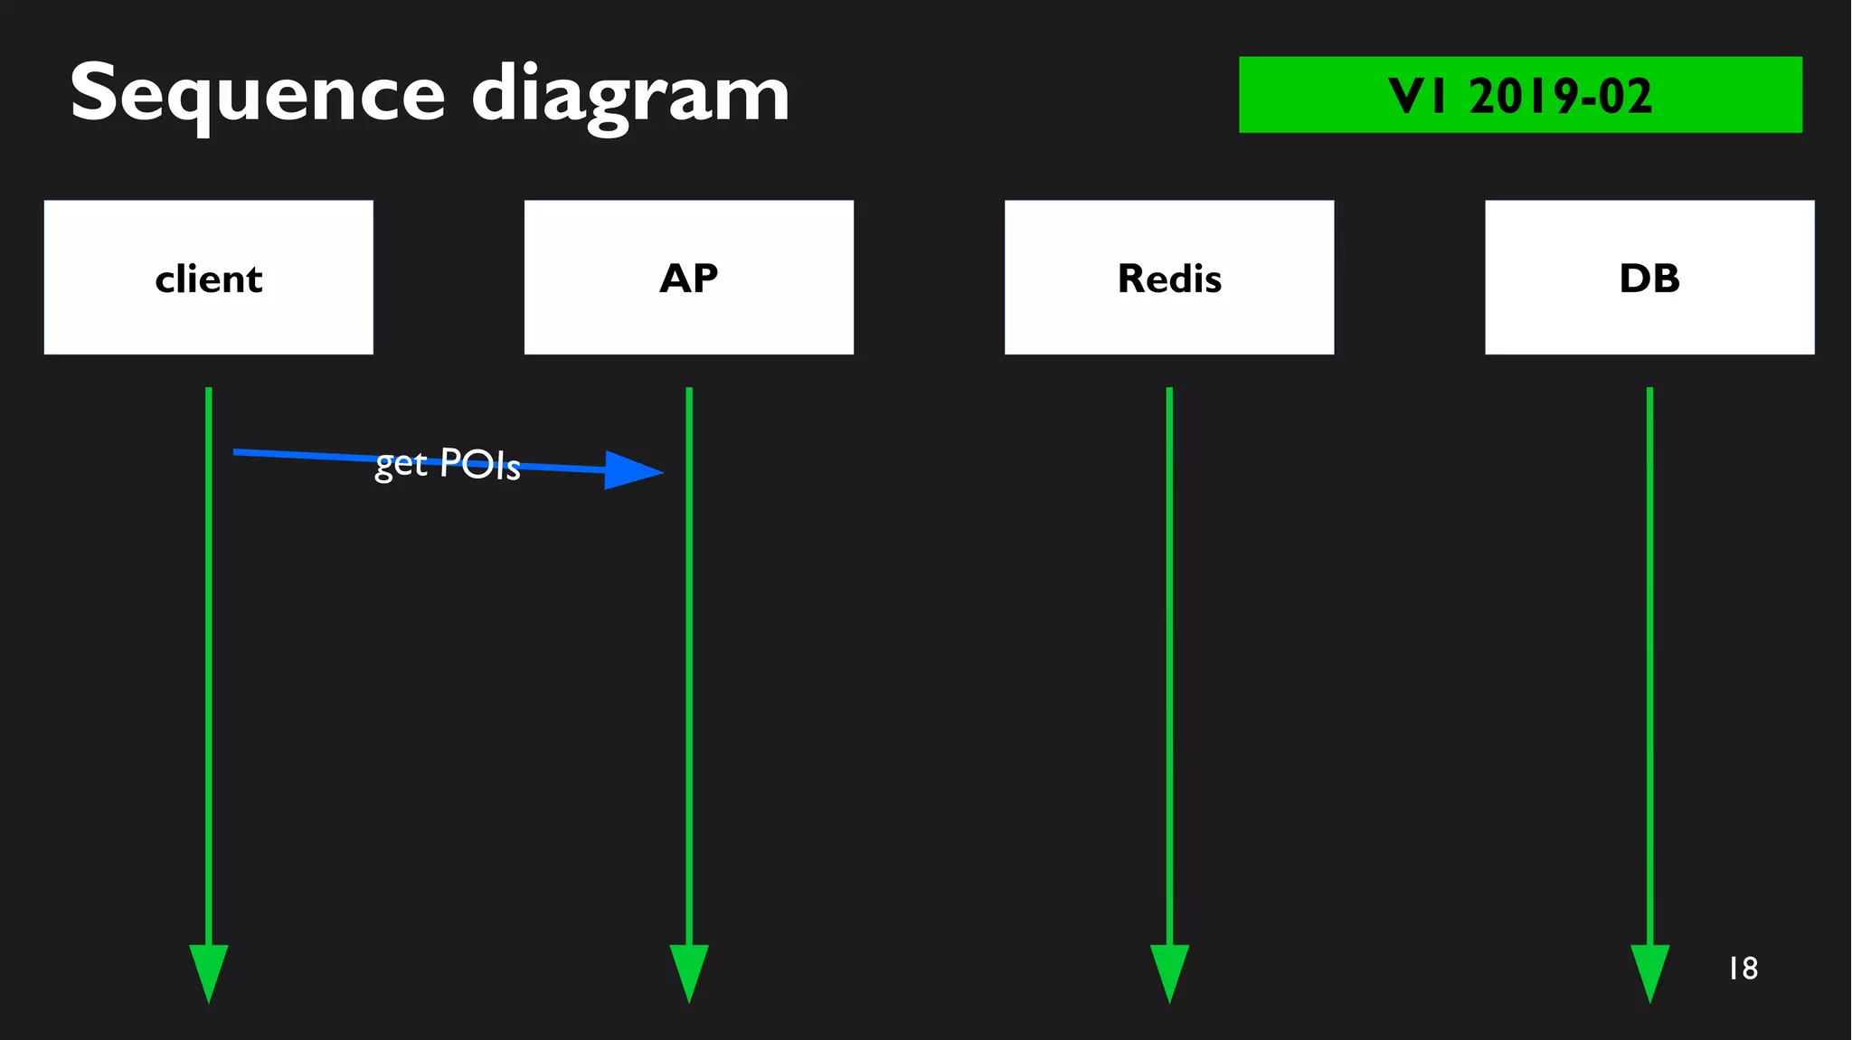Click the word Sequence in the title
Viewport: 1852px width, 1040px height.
258,94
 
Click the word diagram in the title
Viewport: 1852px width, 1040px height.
630,96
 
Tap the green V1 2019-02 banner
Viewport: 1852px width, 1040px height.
1519,95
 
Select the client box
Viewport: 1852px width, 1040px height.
209,277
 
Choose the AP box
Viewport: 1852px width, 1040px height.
688,277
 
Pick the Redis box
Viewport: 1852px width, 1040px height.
1168,277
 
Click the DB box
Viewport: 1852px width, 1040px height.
1649,277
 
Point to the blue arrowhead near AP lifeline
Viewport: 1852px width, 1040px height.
632,470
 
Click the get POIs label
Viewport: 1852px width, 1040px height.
448,464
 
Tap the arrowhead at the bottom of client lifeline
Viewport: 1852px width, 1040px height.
209,971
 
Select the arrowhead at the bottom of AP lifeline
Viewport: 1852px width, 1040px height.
689,971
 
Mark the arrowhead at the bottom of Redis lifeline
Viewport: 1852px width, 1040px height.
1169,971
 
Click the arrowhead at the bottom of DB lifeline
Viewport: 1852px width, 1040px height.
1649,971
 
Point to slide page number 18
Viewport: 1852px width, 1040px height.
1743,969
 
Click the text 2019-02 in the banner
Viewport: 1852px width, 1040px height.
1560,96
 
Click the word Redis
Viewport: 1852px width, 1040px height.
1169,279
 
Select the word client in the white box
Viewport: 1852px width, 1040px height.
209,279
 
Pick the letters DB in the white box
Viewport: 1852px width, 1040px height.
1649,279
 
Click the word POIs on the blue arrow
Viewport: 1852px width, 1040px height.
480,465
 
